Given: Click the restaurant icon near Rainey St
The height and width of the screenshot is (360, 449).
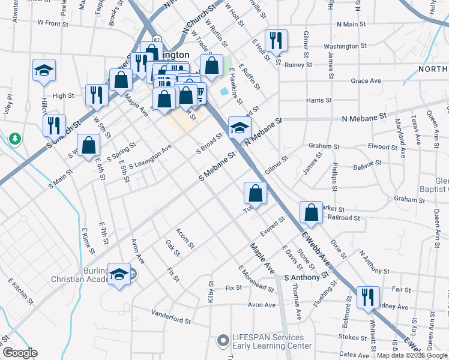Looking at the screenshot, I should [276, 40].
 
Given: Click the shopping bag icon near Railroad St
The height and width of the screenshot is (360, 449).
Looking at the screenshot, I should [311, 212].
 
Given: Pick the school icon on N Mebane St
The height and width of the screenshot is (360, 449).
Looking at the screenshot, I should [240, 127].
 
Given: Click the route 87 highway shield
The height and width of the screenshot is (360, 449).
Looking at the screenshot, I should [156, 40].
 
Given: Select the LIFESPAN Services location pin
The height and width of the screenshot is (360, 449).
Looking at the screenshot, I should [223, 340].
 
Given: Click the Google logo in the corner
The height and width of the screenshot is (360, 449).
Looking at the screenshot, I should [20, 353].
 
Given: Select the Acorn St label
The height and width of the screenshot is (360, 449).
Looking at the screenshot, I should [184, 238].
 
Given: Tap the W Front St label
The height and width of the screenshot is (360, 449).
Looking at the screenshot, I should [58, 23].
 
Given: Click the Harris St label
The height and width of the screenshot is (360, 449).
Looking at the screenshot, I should [319, 101].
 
